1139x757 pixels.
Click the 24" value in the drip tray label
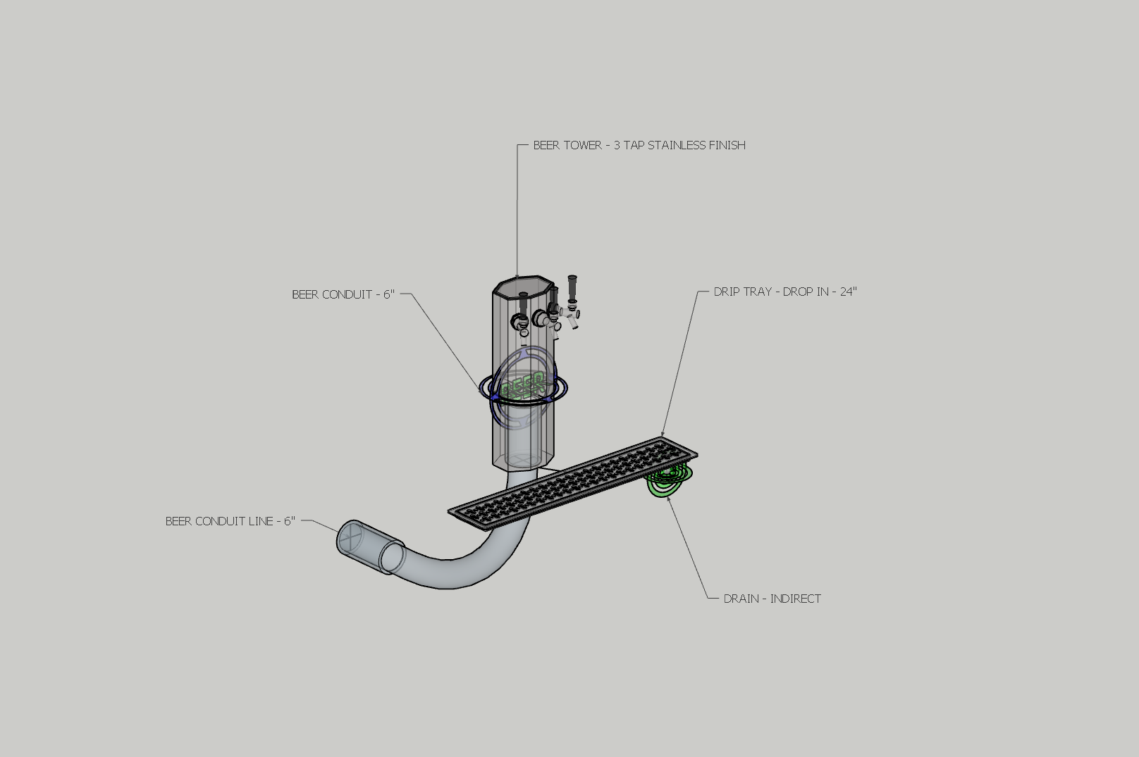point(849,292)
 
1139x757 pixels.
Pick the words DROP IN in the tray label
point(805,292)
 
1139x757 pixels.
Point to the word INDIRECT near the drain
point(796,599)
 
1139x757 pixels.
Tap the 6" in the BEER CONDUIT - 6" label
point(388,294)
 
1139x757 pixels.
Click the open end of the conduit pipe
point(350,538)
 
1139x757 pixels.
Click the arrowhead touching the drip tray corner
point(663,434)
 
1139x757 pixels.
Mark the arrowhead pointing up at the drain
point(669,499)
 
